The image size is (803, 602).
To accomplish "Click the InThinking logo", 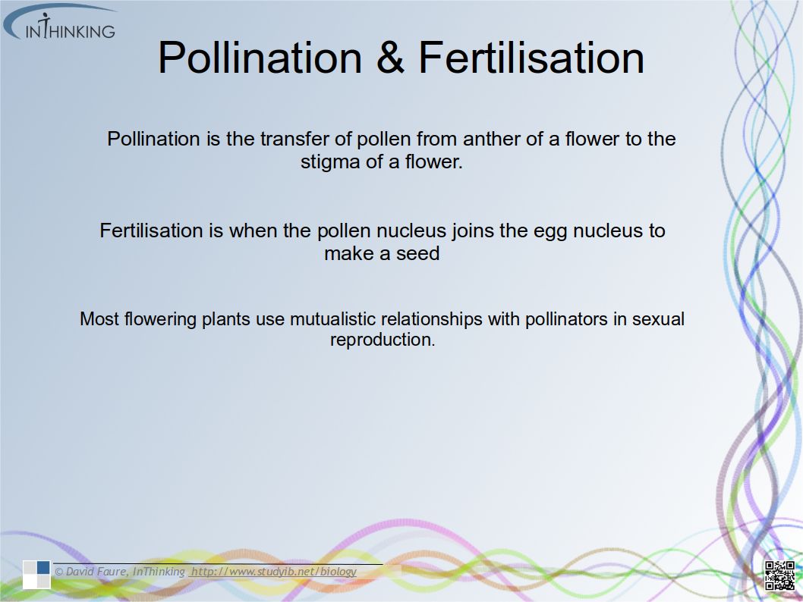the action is pyautogui.click(x=59, y=24).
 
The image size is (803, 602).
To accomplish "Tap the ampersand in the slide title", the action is pyautogui.click(x=390, y=58).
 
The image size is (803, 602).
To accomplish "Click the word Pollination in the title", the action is pyautogui.click(x=260, y=58).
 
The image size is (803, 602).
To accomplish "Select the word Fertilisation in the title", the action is pyautogui.click(x=531, y=58).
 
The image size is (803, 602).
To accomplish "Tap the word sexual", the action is pyautogui.click(x=659, y=319).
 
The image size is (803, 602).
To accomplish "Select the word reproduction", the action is pyautogui.click(x=383, y=340).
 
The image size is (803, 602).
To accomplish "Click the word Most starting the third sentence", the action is pyautogui.click(x=99, y=319).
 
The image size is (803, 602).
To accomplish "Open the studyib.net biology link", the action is pyautogui.click(x=273, y=572).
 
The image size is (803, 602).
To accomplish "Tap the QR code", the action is pyautogui.click(x=779, y=575).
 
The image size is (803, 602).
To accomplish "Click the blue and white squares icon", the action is pyautogui.click(x=36, y=574).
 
